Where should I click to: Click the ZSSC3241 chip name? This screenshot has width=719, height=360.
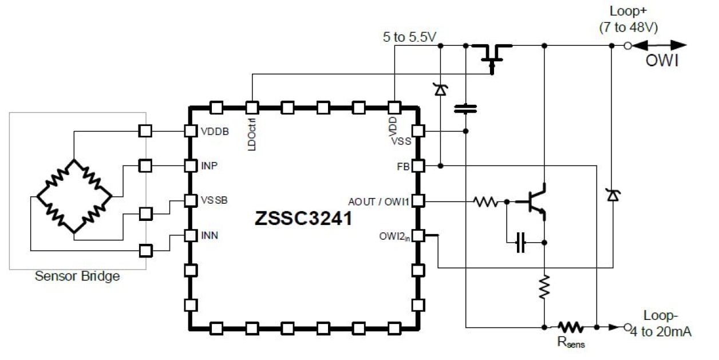point(303,220)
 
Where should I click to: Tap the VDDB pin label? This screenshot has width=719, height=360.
point(215,131)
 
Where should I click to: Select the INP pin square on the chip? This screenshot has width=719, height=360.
point(191,166)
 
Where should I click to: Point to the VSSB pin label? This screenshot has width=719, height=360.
point(215,201)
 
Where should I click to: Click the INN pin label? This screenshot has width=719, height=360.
point(210,236)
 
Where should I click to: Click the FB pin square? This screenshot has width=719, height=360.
point(418,166)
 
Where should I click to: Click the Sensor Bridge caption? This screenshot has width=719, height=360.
point(77,276)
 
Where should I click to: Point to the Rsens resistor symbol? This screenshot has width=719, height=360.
point(570,327)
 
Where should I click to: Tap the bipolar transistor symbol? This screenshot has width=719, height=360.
point(535,201)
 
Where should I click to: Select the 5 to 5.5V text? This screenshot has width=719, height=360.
point(410,37)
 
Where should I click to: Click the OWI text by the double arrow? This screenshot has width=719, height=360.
point(662,61)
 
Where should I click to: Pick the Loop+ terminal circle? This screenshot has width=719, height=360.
point(627,45)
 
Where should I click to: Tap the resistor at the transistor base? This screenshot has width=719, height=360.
point(485,201)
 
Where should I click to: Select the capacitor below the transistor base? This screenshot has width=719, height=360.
point(520,243)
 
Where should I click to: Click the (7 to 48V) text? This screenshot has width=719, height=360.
point(627,26)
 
